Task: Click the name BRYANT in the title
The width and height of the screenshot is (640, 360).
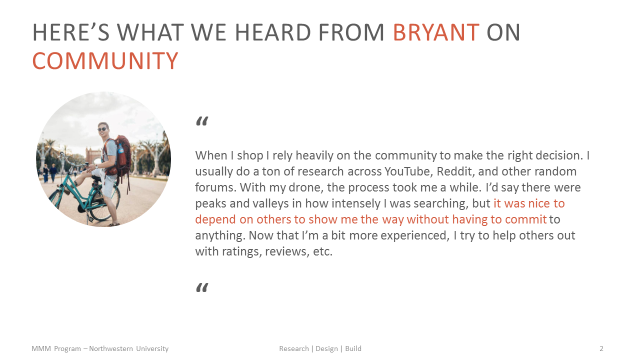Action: [x=436, y=33]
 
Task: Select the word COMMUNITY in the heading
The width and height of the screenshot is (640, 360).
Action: [x=105, y=61]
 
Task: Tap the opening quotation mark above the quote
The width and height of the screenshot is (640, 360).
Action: [x=201, y=121]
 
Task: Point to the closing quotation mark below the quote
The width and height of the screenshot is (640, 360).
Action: [x=201, y=287]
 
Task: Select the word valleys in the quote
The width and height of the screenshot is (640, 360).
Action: [x=263, y=203]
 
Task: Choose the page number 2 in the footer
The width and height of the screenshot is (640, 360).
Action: [x=601, y=348]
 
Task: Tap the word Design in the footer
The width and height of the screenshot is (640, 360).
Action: [x=326, y=348]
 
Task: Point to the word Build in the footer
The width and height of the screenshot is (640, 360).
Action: [x=353, y=348]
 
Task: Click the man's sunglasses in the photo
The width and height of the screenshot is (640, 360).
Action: [x=102, y=129]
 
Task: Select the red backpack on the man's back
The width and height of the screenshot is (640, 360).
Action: [x=122, y=155]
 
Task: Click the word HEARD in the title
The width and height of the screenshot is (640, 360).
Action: [x=271, y=33]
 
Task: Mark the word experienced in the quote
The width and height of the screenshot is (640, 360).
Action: [x=413, y=235]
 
